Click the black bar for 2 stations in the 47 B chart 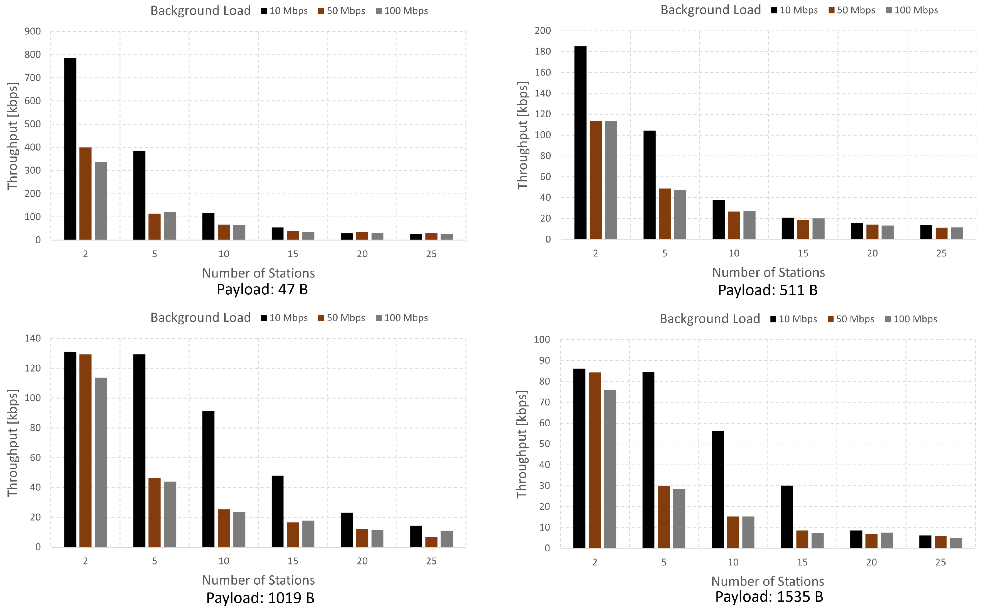(x=70, y=149)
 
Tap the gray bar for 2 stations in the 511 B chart (x=611, y=180)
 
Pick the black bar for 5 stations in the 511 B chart (x=649, y=185)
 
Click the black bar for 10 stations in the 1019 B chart (x=208, y=479)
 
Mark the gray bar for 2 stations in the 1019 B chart (x=101, y=462)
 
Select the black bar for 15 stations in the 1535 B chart (x=787, y=517)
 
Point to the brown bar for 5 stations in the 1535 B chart (x=664, y=517)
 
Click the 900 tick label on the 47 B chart (x=32, y=31)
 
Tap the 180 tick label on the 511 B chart (x=543, y=51)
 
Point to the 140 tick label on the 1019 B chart (x=32, y=338)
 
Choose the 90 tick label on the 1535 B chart (x=544, y=360)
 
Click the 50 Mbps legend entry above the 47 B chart (x=342, y=11)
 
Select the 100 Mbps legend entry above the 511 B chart (x=912, y=10)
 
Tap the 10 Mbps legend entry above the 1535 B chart (x=793, y=319)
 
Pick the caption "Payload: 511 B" (x=768, y=290)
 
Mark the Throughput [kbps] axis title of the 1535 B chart (x=522, y=444)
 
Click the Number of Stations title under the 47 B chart (x=259, y=273)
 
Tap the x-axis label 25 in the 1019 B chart (x=431, y=561)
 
